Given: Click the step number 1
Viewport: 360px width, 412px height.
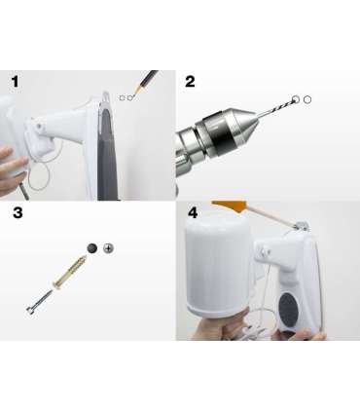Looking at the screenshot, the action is tap(15, 82).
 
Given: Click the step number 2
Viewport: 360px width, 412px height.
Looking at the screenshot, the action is tap(190, 82).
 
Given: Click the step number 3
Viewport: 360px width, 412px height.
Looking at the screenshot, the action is tap(18, 212).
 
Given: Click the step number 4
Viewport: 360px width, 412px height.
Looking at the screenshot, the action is tap(193, 213).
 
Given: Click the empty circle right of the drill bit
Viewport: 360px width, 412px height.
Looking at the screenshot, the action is tap(307, 100).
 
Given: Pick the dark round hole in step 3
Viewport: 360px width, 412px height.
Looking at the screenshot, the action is tap(92, 248).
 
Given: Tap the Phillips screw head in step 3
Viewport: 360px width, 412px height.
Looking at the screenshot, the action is tap(109, 248).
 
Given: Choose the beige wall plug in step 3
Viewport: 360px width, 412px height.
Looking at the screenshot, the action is tap(69, 271).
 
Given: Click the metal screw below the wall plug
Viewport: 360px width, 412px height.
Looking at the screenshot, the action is tap(39, 302).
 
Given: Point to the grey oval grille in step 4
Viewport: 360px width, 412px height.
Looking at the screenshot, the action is tap(289, 310).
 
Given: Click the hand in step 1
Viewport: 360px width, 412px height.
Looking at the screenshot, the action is tap(12, 169).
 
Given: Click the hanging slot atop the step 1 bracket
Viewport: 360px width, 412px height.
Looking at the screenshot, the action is tap(106, 98).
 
